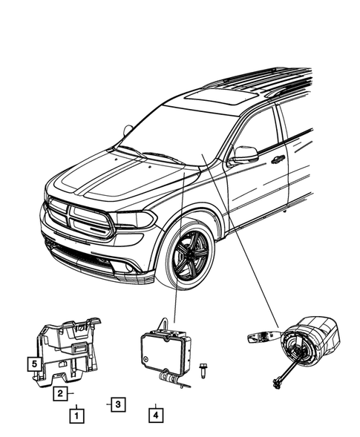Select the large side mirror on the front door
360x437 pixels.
click(x=244, y=154)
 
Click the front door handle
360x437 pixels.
click(x=278, y=160)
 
